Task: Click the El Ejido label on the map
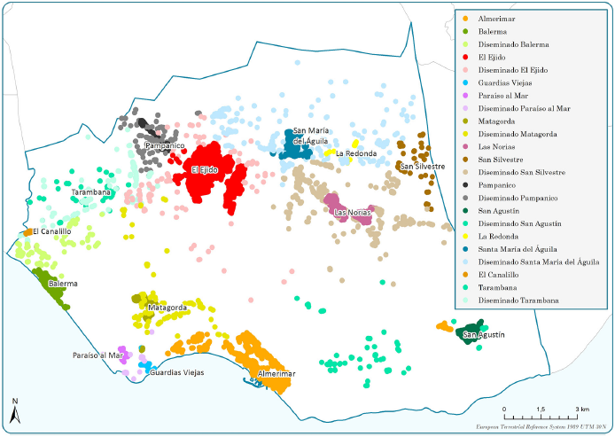(205, 169)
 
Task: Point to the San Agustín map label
(484, 334)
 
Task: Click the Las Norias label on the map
(352, 212)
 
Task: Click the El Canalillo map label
(51, 231)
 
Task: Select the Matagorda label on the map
(167, 308)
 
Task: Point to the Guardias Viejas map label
(177, 372)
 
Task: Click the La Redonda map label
(356, 153)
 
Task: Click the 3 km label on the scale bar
(583, 409)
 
